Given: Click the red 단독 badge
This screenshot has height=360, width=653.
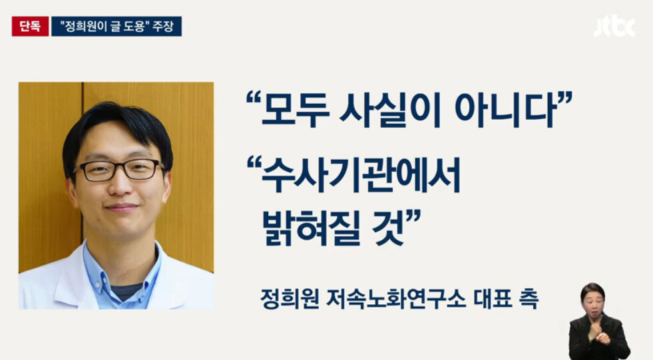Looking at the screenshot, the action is click(x=30, y=26).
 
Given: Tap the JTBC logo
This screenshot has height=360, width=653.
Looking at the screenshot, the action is click(x=614, y=27).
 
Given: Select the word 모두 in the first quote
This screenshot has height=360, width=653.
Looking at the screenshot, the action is click(x=295, y=110).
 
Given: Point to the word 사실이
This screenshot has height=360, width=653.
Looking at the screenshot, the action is click(x=390, y=110).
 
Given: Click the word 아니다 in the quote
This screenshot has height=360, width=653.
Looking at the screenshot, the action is click(x=505, y=110).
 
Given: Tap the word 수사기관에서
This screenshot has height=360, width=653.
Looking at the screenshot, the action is click(x=361, y=176).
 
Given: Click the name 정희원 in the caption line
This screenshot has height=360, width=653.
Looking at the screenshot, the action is click(x=290, y=298).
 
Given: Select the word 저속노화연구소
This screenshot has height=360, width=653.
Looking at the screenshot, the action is click(x=396, y=298).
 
